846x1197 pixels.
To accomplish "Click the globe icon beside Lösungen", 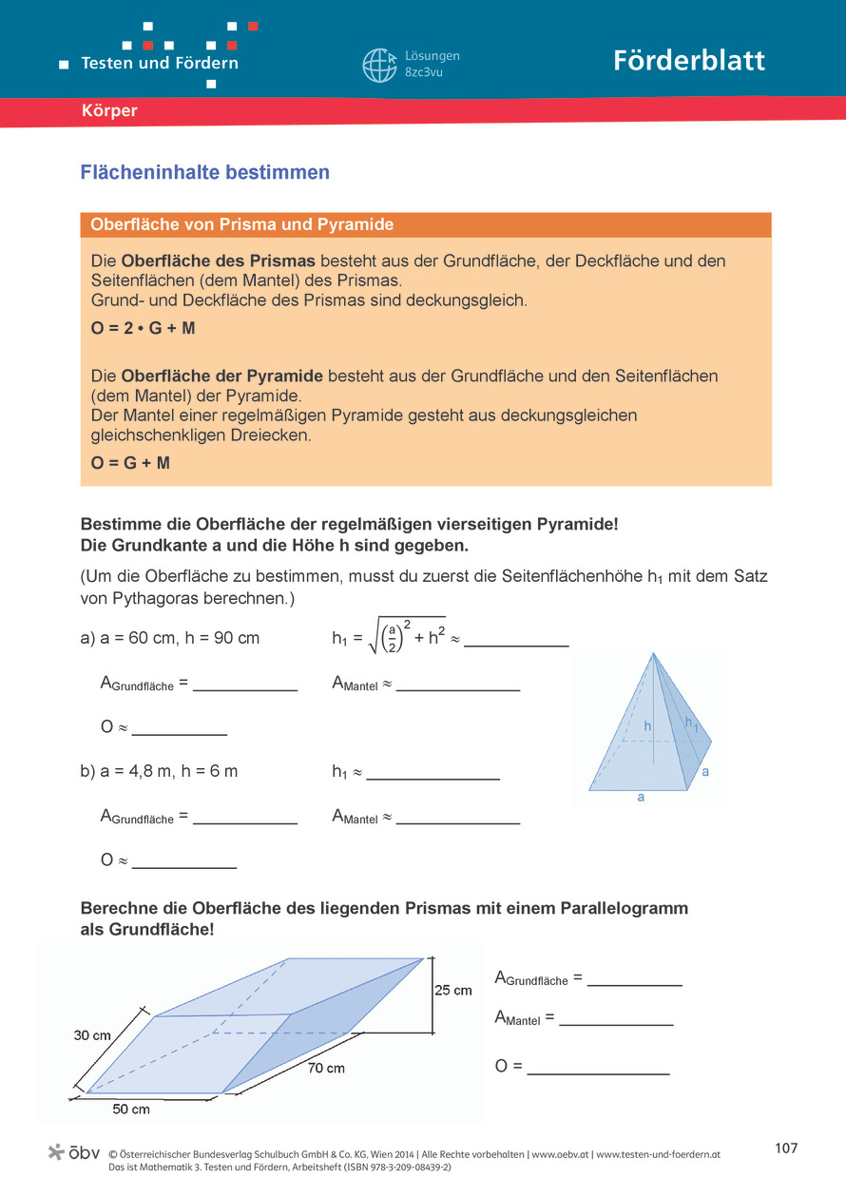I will (379, 65).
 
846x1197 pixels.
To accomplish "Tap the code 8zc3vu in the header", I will (424, 72).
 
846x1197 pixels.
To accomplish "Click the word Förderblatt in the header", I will (689, 61).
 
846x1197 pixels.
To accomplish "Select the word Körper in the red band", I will (109, 111).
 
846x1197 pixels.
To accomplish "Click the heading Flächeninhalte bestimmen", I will (205, 173).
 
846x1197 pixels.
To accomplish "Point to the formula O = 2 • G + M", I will (144, 328).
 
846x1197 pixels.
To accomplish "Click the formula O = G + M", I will (130, 463).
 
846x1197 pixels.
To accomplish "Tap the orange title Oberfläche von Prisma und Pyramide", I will (242, 225).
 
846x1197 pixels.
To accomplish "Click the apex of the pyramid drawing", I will (653, 653).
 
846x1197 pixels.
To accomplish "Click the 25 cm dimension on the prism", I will (452, 990).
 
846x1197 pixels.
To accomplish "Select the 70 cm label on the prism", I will (326, 1068).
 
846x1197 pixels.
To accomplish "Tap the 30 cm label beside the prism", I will (92, 1035).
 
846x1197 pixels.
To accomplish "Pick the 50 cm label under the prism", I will (131, 1110).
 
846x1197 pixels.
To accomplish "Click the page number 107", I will (786, 1149).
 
